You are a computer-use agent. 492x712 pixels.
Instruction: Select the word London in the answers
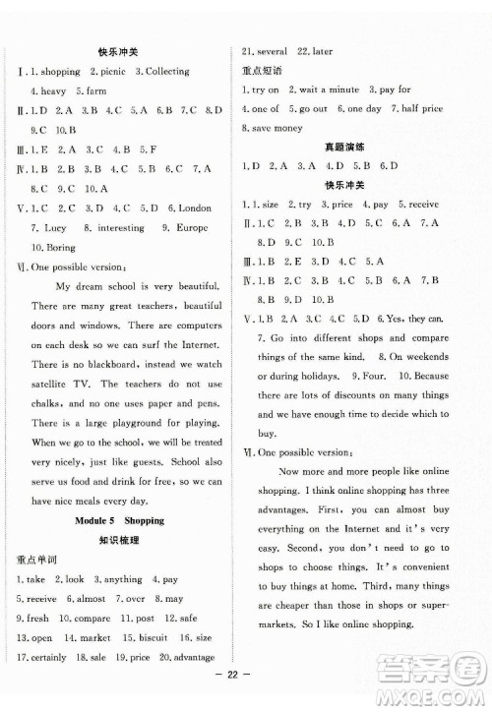194,208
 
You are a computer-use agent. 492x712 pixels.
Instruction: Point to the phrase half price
418,109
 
